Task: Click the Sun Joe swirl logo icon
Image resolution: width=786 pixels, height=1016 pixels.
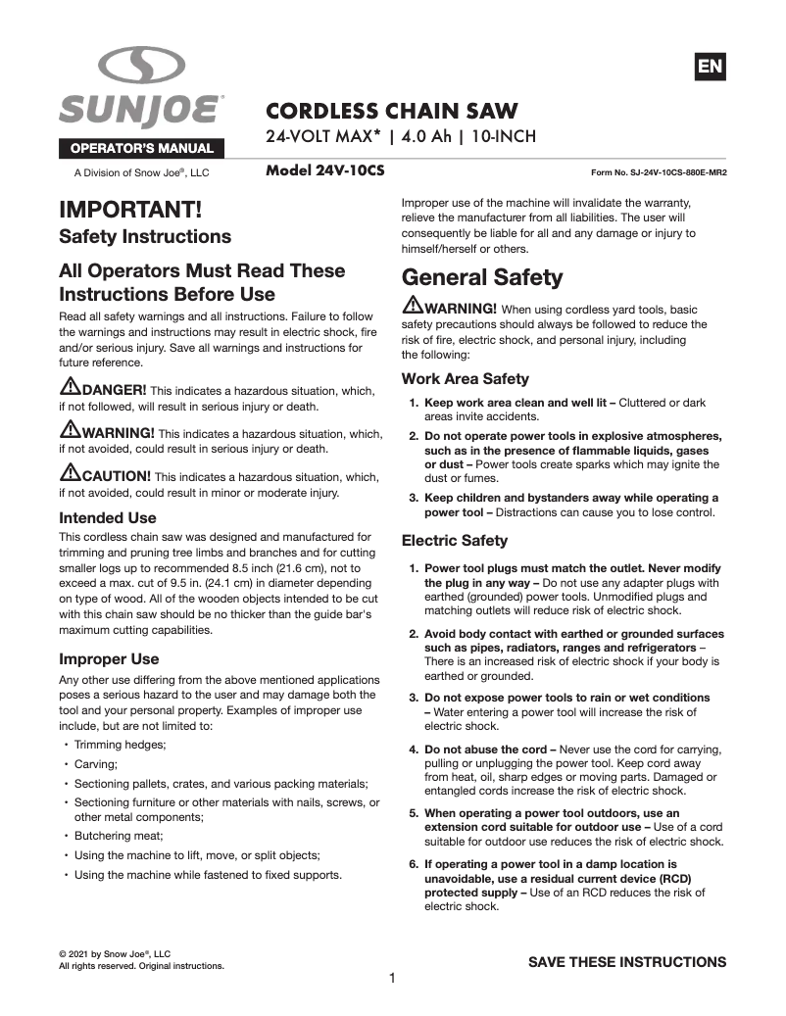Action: coord(142,69)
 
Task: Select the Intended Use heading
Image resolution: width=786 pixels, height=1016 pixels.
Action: coord(108,517)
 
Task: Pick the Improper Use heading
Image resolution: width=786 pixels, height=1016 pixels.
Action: coord(109,658)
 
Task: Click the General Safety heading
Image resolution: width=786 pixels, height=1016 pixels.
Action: coord(482,277)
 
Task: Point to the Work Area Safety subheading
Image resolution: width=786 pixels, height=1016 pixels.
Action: coord(466,379)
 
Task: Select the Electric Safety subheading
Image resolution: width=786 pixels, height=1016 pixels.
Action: coord(455,540)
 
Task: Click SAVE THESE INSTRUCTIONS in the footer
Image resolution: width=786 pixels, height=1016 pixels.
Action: coord(627,961)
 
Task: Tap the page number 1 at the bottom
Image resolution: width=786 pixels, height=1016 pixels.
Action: coord(392,978)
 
